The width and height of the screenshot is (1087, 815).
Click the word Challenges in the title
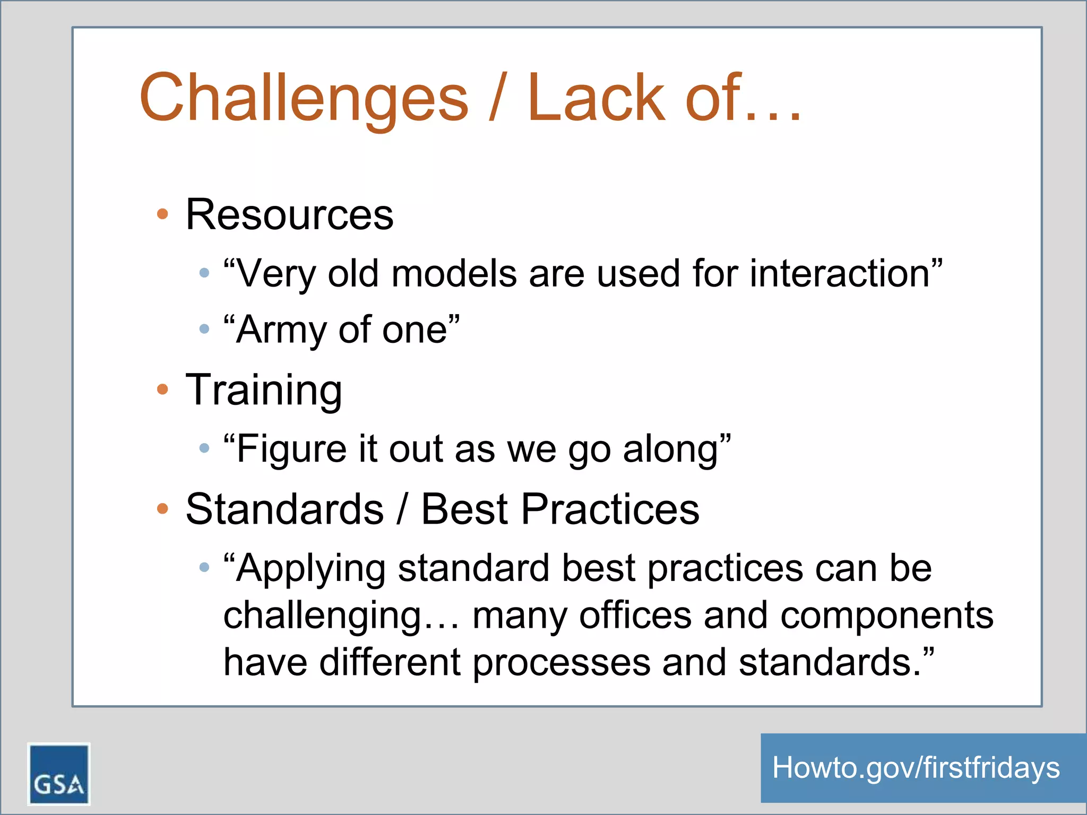(x=304, y=99)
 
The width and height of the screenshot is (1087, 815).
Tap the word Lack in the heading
(x=596, y=99)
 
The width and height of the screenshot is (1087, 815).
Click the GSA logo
(x=58, y=774)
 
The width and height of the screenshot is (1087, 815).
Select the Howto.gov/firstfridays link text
(x=916, y=768)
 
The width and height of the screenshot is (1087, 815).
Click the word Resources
(x=289, y=214)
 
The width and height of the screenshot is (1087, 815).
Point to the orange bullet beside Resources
(x=162, y=214)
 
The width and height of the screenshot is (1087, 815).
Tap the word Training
(x=264, y=390)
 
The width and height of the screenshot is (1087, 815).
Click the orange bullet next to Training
(x=162, y=390)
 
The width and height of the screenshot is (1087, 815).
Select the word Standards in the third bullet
(x=284, y=509)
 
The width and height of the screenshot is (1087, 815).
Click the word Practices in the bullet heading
(x=610, y=509)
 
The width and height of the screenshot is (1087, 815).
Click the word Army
(x=281, y=331)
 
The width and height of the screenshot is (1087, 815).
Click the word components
(x=886, y=615)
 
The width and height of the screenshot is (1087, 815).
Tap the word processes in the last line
(x=561, y=663)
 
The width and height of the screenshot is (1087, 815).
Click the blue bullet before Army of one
(x=204, y=330)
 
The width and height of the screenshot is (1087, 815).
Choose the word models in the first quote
(x=454, y=274)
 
